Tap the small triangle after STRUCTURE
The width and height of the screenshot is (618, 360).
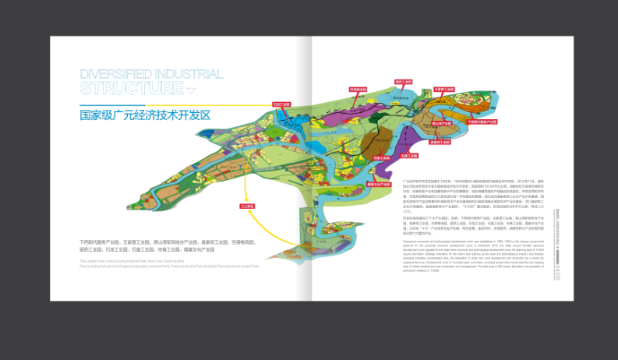point(181,87)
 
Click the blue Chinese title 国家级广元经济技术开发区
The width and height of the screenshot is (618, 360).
point(146,115)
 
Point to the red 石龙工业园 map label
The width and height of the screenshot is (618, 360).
point(281,104)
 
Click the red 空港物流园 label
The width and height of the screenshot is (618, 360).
point(358,90)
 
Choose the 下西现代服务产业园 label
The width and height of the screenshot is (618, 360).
point(482,122)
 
